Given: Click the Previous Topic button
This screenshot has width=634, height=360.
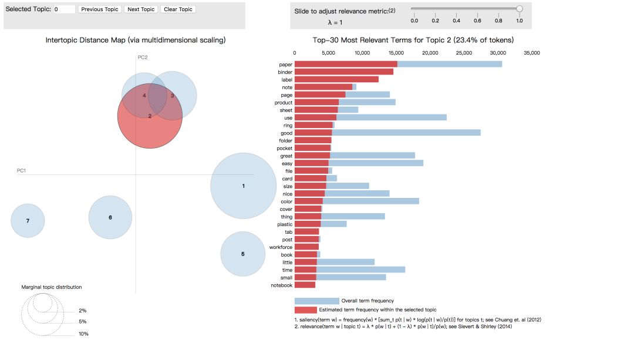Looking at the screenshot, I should (100, 9).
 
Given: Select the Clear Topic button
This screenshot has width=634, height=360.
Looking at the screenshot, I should (178, 9).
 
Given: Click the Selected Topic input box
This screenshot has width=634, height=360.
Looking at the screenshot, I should (64, 9).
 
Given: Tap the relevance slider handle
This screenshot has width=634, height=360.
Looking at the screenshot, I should (520, 9).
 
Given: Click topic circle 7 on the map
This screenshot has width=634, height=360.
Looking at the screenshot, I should (28, 221).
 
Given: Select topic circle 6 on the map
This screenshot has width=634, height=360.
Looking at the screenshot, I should (110, 217).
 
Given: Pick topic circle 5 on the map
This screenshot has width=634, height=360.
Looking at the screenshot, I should (243, 254).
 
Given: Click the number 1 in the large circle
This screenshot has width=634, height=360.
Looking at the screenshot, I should (243, 186).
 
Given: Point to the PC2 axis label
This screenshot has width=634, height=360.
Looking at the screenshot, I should (143, 57).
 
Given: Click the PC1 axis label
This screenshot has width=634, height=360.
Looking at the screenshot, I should (22, 171).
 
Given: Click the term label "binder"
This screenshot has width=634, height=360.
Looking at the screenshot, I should (285, 72).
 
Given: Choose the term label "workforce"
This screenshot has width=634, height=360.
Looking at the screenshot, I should (281, 247).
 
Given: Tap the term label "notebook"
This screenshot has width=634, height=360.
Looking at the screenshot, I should (281, 285).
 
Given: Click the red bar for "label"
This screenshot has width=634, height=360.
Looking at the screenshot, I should (336, 79).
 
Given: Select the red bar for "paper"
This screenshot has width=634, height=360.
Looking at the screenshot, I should (346, 64).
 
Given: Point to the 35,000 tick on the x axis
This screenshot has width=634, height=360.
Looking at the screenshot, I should (532, 53).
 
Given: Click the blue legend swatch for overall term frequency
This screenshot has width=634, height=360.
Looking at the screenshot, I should (317, 301).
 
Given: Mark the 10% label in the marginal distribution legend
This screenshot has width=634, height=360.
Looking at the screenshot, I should (84, 334).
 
